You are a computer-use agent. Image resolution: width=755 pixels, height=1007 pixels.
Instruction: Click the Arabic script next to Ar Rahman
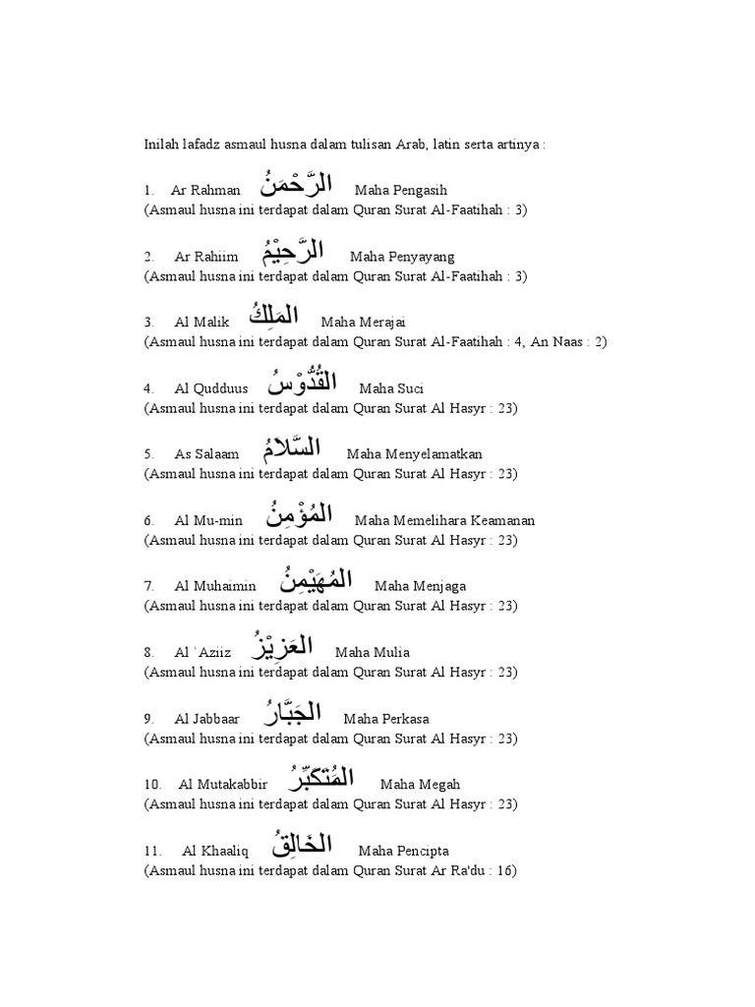(x=297, y=184)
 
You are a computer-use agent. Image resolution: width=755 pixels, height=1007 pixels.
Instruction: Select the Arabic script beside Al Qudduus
(x=309, y=383)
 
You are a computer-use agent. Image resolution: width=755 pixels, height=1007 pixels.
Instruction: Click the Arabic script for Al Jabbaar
(x=292, y=712)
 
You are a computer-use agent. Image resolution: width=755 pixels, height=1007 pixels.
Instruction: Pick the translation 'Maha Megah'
(x=420, y=784)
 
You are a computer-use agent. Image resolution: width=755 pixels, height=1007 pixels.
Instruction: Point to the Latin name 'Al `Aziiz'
(x=203, y=652)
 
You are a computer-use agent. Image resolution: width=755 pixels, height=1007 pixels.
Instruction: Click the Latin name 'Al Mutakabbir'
(x=223, y=784)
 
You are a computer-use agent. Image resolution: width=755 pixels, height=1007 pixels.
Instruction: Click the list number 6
(x=148, y=520)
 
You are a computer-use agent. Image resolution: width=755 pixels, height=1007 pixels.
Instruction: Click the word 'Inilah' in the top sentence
(x=162, y=145)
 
